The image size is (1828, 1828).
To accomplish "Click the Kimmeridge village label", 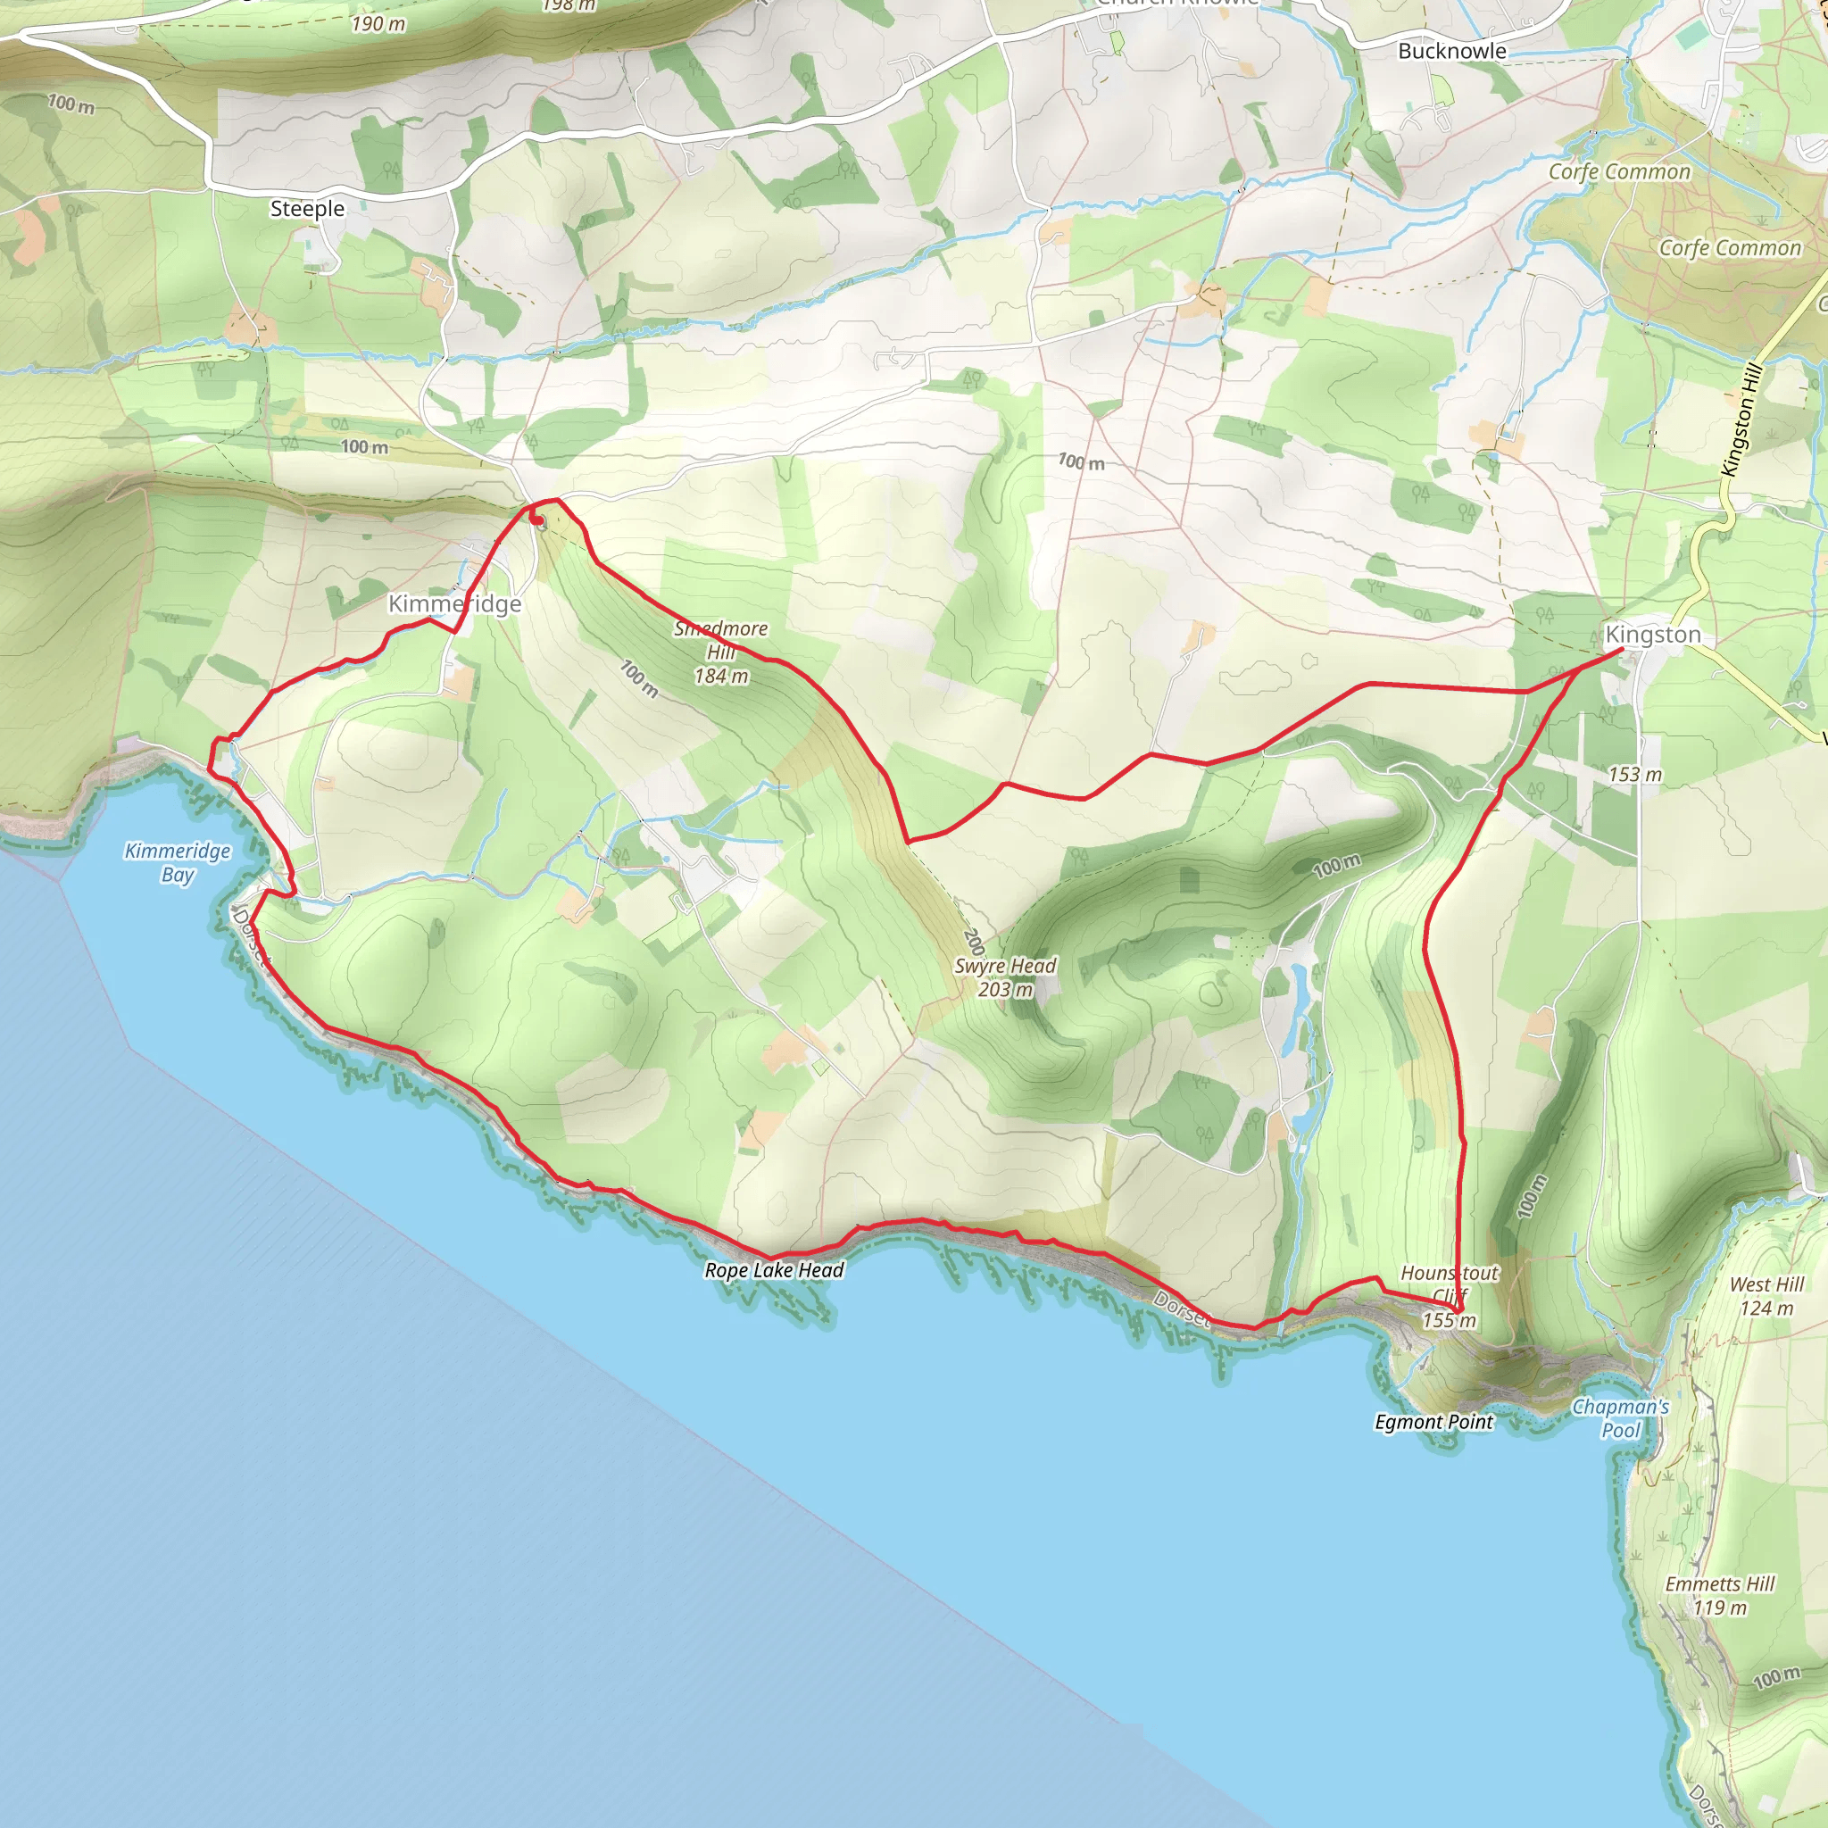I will [x=454, y=603].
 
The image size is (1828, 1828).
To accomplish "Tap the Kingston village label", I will [x=1652, y=634].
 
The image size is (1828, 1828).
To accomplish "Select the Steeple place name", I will [x=308, y=208].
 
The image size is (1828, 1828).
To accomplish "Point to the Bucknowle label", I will [x=1451, y=51].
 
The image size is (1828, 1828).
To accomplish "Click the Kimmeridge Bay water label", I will [x=178, y=862].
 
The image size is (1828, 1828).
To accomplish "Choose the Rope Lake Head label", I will [x=774, y=1270].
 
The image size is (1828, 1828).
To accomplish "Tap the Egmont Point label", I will [x=1433, y=1421].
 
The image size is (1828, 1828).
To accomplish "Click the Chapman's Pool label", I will [x=1620, y=1418].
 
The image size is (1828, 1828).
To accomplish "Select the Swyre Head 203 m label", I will [x=1005, y=977].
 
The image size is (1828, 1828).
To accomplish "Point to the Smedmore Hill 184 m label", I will [x=721, y=652].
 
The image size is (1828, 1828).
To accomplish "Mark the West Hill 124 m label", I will [x=1766, y=1296].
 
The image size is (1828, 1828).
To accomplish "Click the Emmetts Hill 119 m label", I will [x=1720, y=1595].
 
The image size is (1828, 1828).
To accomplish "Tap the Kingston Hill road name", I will [x=1741, y=420].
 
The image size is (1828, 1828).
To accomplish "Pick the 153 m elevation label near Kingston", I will [x=1635, y=774].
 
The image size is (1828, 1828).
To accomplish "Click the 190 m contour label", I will [x=378, y=24].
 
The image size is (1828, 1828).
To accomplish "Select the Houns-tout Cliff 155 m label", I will [x=1450, y=1296].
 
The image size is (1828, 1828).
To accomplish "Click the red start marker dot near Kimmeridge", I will [x=536, y=519].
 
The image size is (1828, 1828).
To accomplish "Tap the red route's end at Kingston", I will [x=1622, y=649].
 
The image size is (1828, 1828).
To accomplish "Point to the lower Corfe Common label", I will [x=1730, y=248].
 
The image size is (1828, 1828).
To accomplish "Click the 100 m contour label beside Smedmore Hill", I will [x=639, y=677].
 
